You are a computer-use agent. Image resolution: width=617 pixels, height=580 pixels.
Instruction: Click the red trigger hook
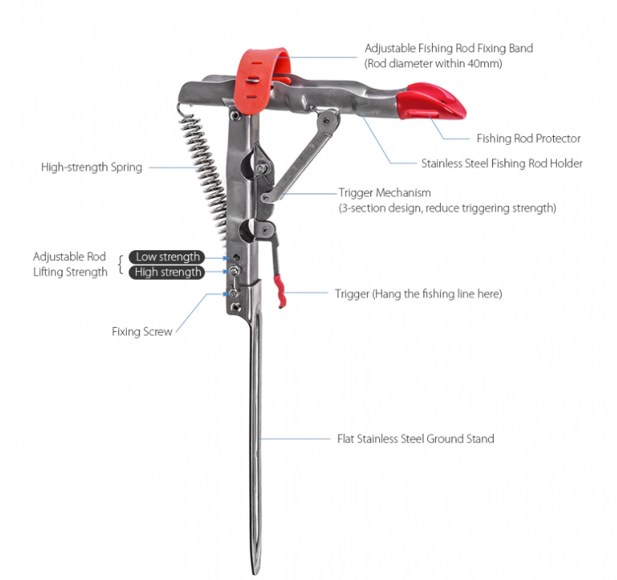pos(280,289)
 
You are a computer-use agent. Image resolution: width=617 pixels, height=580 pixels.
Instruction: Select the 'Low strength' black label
pos(167,257)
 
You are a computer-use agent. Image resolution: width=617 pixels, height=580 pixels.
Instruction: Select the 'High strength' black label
pos(167,273)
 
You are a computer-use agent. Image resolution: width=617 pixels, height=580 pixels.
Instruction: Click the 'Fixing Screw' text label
pos(142,331)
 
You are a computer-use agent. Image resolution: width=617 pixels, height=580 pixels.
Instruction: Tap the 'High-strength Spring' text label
pos(91,167)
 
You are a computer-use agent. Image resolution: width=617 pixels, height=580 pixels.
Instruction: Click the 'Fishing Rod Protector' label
pos(529,138)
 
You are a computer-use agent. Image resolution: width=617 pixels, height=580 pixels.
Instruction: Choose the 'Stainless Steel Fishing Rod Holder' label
pos(502,164)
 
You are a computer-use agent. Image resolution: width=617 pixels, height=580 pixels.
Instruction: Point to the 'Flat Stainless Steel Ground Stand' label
pos(415,439)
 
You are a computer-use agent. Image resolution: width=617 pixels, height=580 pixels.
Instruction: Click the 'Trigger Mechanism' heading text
pos(384,193)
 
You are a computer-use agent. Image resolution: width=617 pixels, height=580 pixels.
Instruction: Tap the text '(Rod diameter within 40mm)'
pos(434,63)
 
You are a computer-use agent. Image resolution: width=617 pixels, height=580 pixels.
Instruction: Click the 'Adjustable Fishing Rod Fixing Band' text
pos(448,49)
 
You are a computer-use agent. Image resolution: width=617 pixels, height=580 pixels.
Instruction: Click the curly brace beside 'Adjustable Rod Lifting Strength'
pos(120,265)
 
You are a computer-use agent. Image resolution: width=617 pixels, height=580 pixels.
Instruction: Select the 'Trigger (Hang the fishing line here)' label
pos(418,294)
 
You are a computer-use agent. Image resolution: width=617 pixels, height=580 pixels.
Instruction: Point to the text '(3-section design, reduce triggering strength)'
pos(447,208)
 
